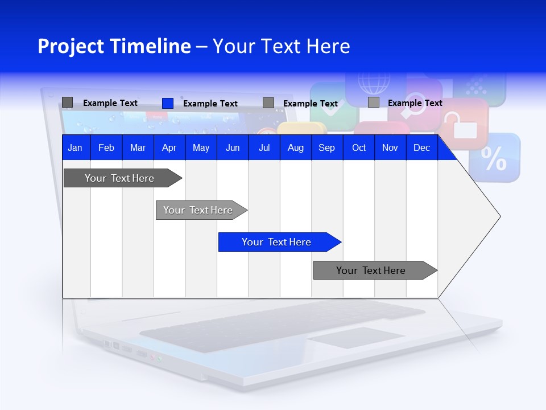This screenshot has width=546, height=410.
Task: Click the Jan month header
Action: pyautogui.click(x=75, y=148)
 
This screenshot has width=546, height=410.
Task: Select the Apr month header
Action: pyautogui.click(x=169, y=148)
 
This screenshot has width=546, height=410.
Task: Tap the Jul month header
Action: pyautogui.click(x=264, y=148)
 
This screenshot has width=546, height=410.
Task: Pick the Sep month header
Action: pyautogui.click(x=326, y=148)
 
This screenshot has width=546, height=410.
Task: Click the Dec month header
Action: pyautogui.click(x=421, y=148)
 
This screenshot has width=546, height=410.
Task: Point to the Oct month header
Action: pyautogui.click(x=358, y=148)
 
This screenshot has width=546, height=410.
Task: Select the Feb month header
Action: pyautogui.click(x=106, y=148)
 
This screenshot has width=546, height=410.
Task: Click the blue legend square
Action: pyautogui.click(x=168, y=103)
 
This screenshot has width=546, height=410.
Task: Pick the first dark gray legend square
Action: pyautogui.click(x=67, y=102)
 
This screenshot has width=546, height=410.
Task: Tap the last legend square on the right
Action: pyautogui.click(x=374, y=102)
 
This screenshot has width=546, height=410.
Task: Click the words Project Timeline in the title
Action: pyautogui.click(x=114, y=46)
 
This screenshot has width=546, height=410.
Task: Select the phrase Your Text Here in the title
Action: pyautogui.click(x=282, y=46)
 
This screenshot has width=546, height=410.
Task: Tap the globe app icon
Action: pyautogui.click(x=374, y=83)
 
